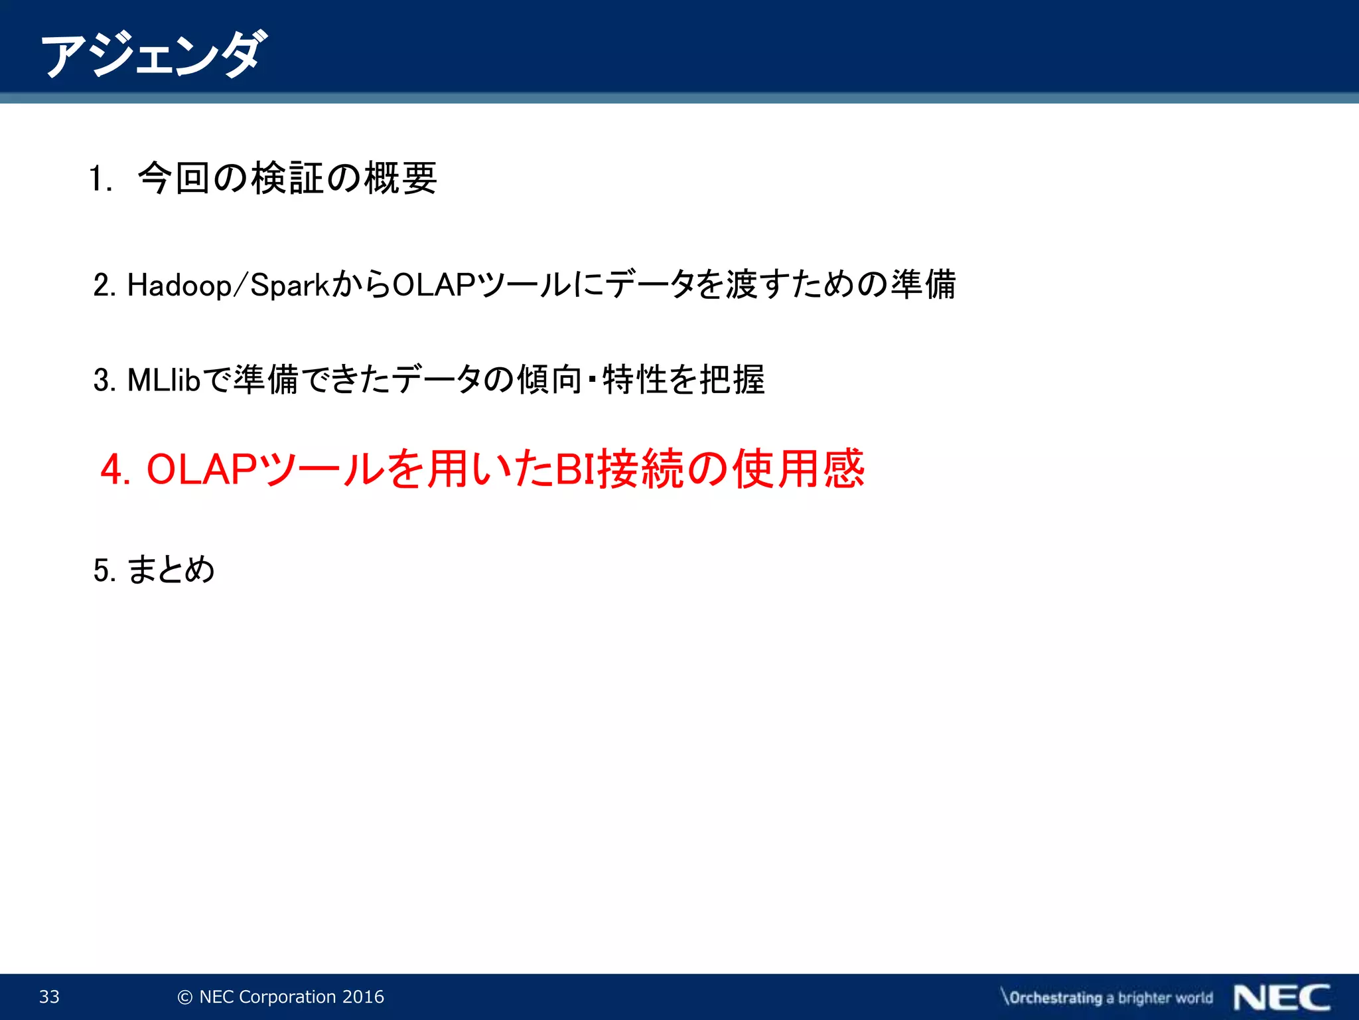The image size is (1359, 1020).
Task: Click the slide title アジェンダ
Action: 154,54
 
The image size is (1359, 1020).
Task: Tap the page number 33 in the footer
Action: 50,997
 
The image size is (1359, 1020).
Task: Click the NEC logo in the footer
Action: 1282,997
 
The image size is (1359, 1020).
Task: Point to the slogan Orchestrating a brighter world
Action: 1107,997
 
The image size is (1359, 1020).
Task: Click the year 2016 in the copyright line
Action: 363,997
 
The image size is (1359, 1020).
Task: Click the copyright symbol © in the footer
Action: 185,997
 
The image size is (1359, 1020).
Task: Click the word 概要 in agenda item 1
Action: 400,178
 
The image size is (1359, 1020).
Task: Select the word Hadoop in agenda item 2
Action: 179,286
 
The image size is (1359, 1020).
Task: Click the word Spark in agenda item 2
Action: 290,286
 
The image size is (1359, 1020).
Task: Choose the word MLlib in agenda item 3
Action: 163,380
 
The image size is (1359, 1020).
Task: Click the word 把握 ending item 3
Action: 733,380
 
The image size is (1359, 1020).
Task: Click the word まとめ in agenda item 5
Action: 171,570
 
